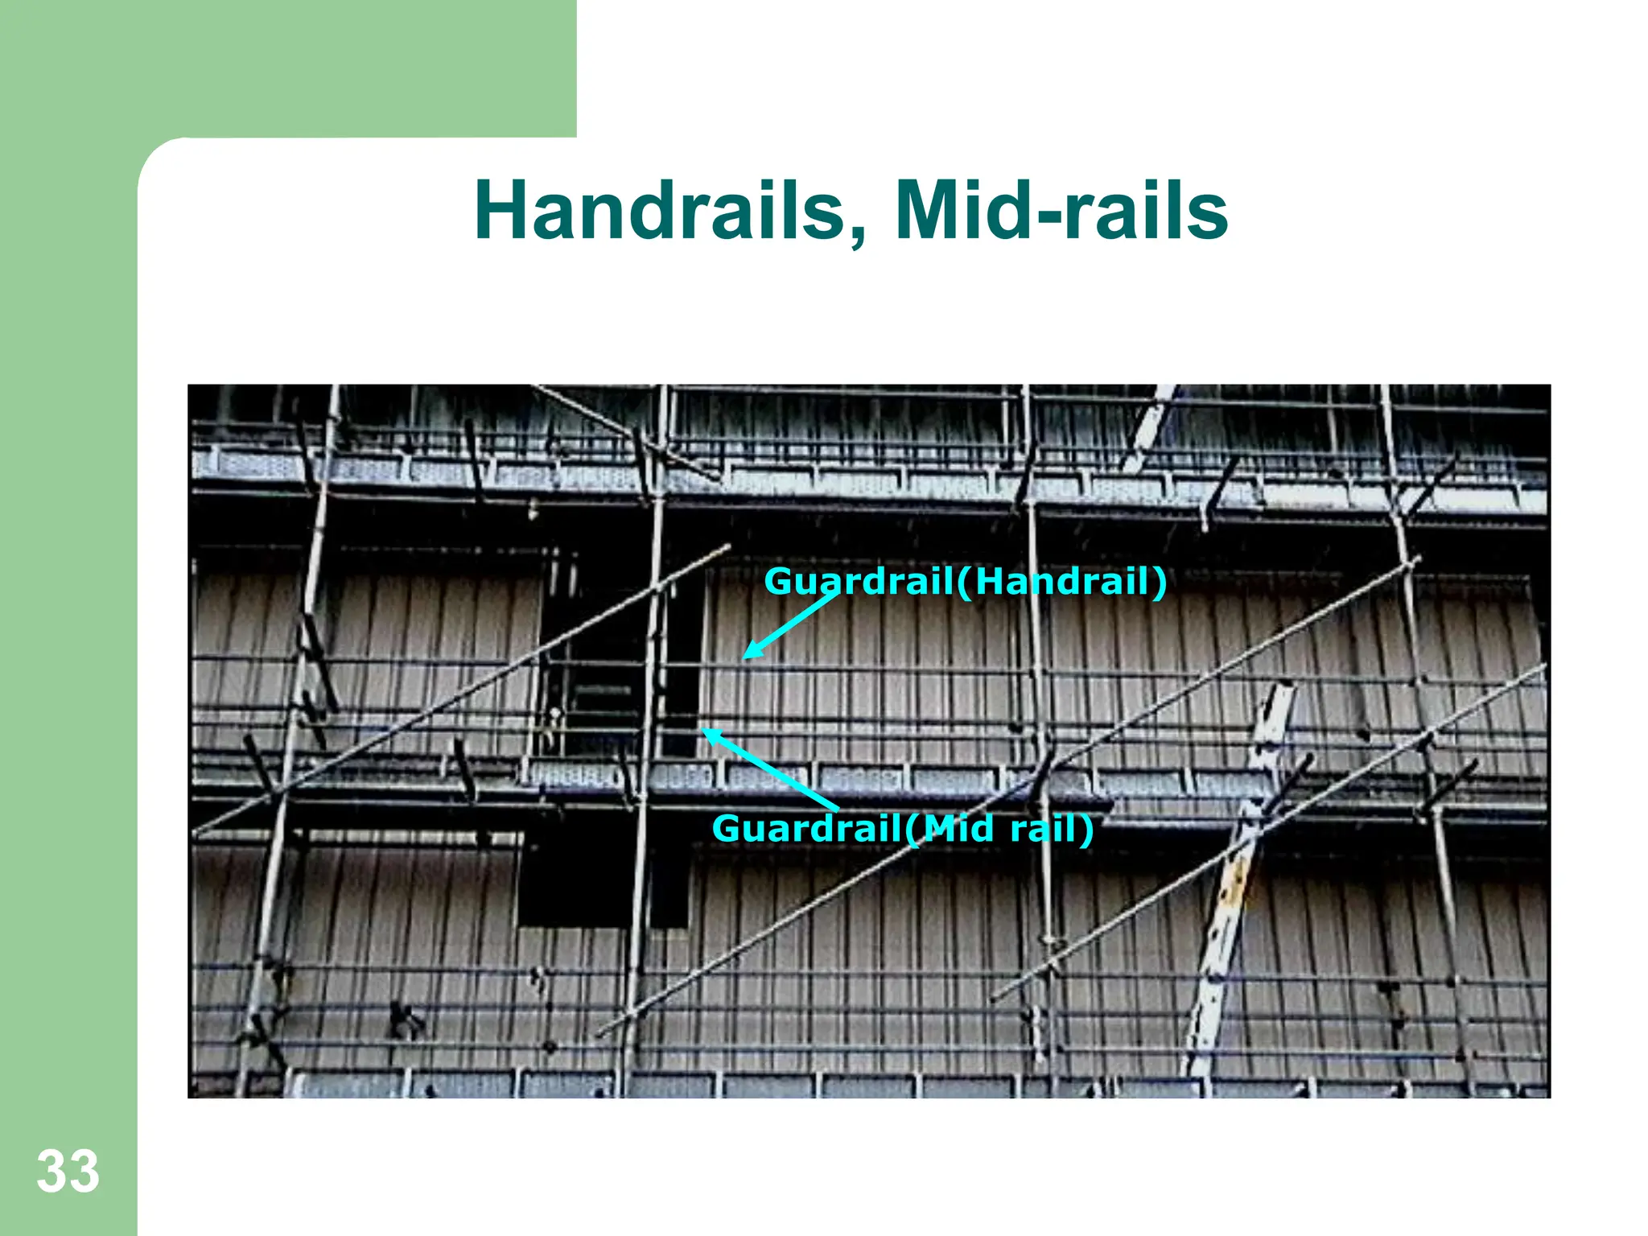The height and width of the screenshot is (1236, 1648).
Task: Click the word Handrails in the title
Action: click(660, 211)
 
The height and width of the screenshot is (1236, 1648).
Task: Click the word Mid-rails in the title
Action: click(1061, 211)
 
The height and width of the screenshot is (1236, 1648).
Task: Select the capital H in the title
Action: click(503, 211)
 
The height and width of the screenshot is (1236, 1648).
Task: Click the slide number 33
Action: click(68, 1172)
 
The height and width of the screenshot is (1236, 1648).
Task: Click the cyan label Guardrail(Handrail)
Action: click(965, 581)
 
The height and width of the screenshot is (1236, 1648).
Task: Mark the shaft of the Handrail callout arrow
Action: click(793, 624)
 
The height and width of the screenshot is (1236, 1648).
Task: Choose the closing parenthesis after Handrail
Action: click(1160, 582)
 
